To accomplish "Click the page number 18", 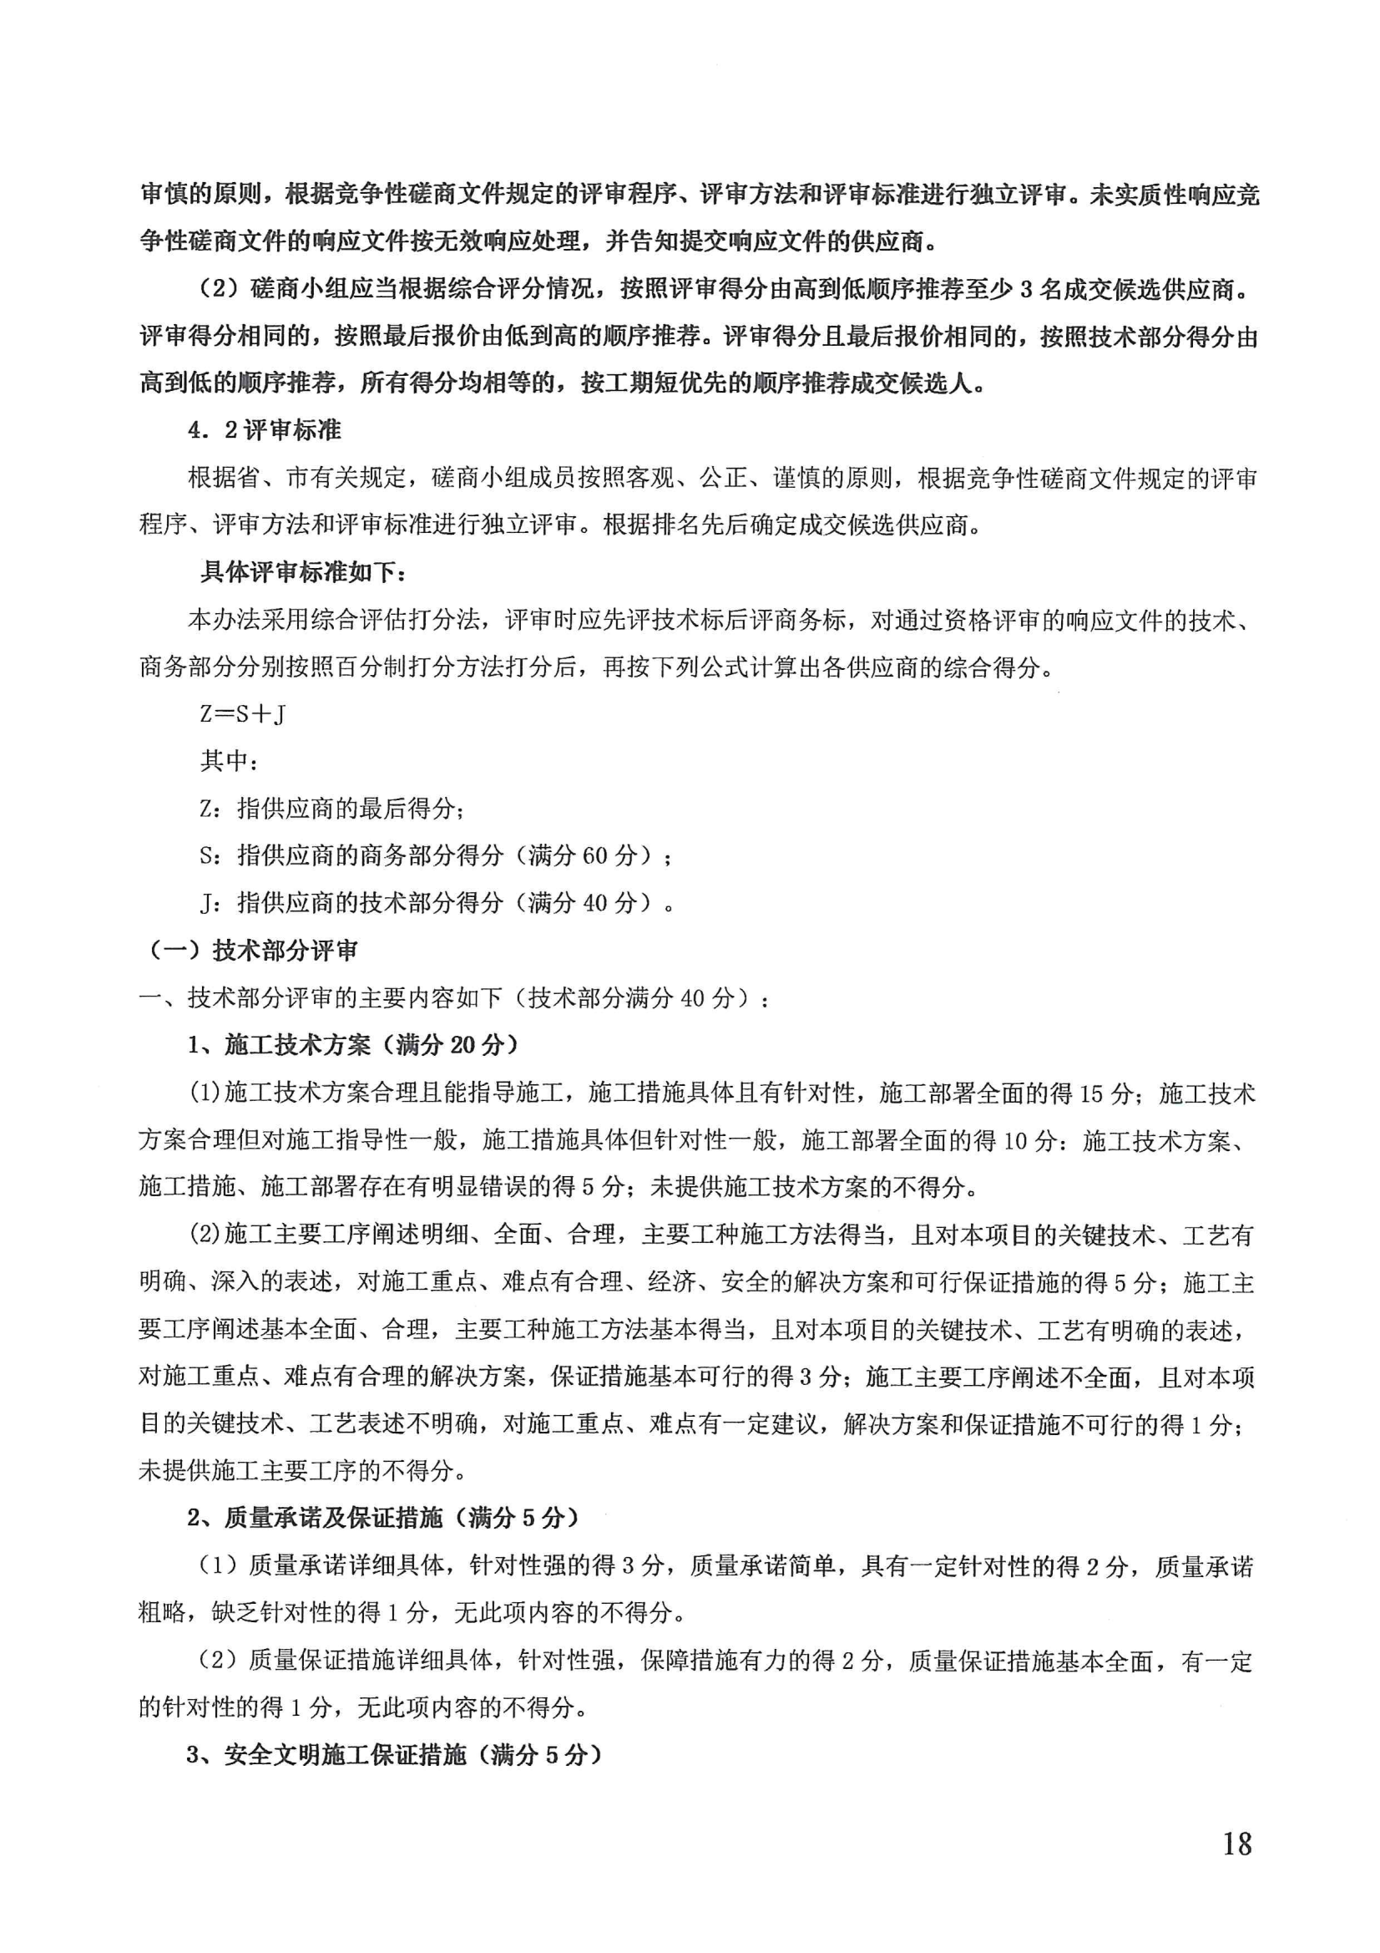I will pos(1237,1843).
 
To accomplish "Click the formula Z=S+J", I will pos(242,713).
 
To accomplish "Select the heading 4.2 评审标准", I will pos(265,430).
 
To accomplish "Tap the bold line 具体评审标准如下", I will pos(304,571).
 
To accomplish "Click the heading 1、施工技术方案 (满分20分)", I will pos(353,1044).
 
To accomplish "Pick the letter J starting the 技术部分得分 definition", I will pos(206,903).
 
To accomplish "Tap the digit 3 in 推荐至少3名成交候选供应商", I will pos(1026,290).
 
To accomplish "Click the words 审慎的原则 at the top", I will pos(200,195).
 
